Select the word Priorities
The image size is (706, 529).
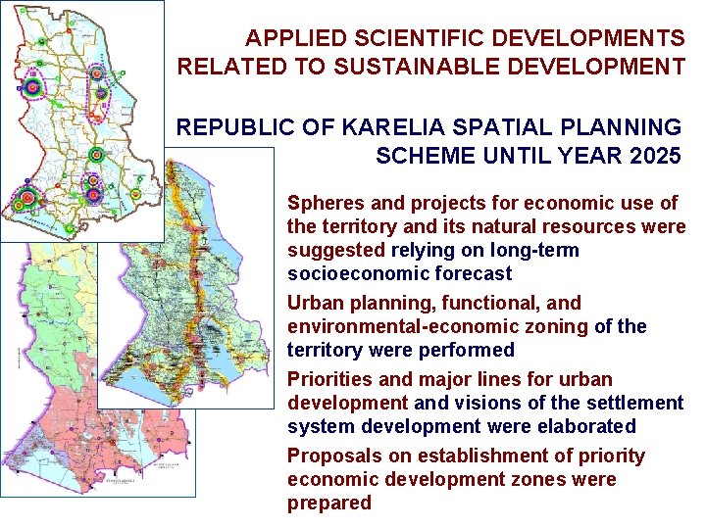point(325,379)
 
